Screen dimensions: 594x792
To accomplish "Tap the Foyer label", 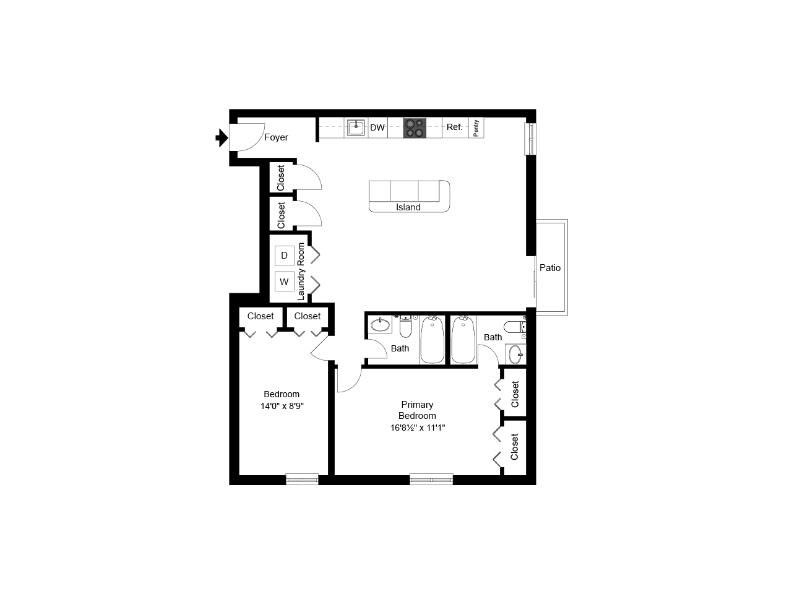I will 276,137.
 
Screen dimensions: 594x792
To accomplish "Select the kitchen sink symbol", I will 356,128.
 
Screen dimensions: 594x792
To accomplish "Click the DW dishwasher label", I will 377,128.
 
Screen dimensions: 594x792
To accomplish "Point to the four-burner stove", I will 415,128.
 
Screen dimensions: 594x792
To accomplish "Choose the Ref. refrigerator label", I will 455,127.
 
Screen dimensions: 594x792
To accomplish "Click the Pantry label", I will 476,128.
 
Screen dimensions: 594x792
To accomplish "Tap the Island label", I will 408,207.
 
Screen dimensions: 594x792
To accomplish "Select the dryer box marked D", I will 285,255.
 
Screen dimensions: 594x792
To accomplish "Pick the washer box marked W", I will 285,282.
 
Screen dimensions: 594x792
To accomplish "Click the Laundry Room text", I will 301,271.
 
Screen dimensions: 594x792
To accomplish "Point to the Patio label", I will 550,268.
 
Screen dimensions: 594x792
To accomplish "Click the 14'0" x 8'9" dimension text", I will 282,407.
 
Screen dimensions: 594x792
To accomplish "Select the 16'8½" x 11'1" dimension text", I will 417,428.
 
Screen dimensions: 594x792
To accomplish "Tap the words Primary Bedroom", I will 417,410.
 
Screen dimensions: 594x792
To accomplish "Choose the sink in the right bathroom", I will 515,355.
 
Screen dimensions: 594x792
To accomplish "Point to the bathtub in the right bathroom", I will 463,340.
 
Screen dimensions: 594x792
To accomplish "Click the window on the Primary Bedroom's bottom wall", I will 431,479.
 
